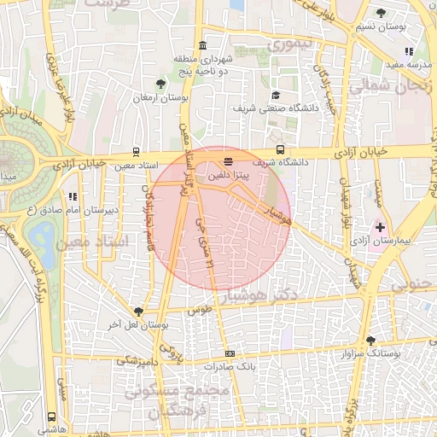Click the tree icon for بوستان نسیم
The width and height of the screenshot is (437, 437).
pyautogui.click(x=381, y=13)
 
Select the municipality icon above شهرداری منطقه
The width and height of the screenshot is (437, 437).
pyautogui.click(x=202, y=45)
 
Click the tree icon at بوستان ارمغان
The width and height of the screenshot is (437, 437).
pyautogui.click(x=160, y=84)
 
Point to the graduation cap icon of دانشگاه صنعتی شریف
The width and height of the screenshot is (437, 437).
pyautogui.click(x=276, y=96)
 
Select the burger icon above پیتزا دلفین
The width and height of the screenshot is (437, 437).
pyautogui.click(x=228, y=160)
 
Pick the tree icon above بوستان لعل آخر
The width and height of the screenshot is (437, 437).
pyautogui.click(x=139, y=311)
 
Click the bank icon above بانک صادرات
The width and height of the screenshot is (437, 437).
pyautogui.click(x=230, y=353)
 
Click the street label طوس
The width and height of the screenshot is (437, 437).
pyautogui.click(x=199, y=312)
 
